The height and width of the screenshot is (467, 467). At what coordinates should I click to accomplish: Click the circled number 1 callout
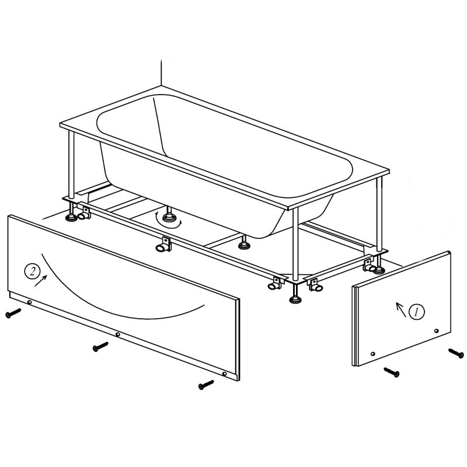click(417, 312)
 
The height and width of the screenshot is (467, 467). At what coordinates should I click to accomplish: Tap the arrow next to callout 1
click(401, 309)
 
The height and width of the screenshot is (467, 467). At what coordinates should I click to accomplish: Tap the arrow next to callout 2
click(41, 281)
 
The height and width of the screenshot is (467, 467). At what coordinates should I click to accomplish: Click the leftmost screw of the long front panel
click(13, 313)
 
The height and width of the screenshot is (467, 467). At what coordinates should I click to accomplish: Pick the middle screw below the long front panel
click(100, 346)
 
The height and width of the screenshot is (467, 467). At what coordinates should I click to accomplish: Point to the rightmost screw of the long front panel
click(206, 385)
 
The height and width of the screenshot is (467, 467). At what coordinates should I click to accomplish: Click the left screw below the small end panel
click(392, 372)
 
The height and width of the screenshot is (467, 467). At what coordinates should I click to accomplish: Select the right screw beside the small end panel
click(456, 353)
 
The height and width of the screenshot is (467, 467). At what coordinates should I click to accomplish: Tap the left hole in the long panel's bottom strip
click(30, 302)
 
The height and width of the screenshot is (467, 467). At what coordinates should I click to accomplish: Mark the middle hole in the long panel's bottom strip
click(118, 334)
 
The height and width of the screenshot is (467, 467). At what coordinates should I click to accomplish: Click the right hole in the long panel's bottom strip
click(224, 374)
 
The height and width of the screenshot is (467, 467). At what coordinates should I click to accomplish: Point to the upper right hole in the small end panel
click(436, 330)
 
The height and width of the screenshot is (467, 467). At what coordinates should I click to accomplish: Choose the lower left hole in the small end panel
click(372, 354)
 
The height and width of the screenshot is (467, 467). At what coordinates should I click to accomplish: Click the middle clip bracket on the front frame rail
click(163, 244)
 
